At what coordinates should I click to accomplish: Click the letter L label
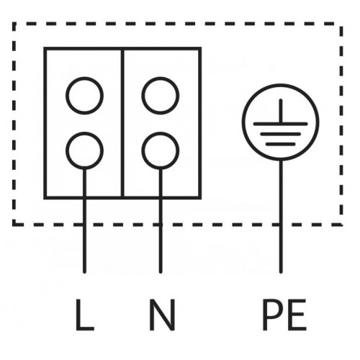click(x=85, y=315)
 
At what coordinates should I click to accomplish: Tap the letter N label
click(x=162, y=315)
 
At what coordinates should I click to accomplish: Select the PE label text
click(x=284, y=315)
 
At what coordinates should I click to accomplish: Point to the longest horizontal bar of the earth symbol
click(x=281, y=124)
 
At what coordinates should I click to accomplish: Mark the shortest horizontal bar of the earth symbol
click(x=281, y=144)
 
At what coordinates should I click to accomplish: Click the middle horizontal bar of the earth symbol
click(x=281, y=134)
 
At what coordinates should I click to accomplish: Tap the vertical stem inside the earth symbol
click(x=281, y=111)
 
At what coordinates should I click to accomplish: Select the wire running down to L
click(x=84, y=221)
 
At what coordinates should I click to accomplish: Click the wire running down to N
click(x=161, y=221)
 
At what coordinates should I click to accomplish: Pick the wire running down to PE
click(x=281, y=217)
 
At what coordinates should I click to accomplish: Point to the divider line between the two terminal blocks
click(x=122, y=123)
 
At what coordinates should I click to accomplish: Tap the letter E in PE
click(x=298, y=315)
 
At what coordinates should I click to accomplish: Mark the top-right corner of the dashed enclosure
click(x=341, y=24)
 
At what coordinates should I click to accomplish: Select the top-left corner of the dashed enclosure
click(x=14, y=24)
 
